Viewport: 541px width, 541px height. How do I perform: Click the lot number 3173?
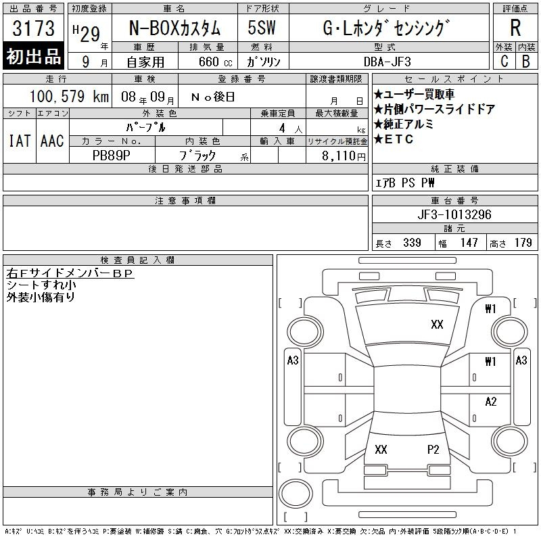(x=33, y=28)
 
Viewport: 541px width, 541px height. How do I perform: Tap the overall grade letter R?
(x=515, y=28)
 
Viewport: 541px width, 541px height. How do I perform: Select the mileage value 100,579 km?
(x=69, y=96)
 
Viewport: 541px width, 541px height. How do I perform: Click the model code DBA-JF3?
(x=387, y=62)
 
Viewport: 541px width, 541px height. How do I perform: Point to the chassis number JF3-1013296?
(x=454, y=214)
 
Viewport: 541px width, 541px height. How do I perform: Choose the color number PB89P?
(x=112, y=156)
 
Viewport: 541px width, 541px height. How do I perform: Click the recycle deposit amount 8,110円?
(x=344, y=156)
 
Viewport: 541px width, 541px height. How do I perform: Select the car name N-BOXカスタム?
(x=174, y=28)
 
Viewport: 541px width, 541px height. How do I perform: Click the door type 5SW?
(x=262, y=28)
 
